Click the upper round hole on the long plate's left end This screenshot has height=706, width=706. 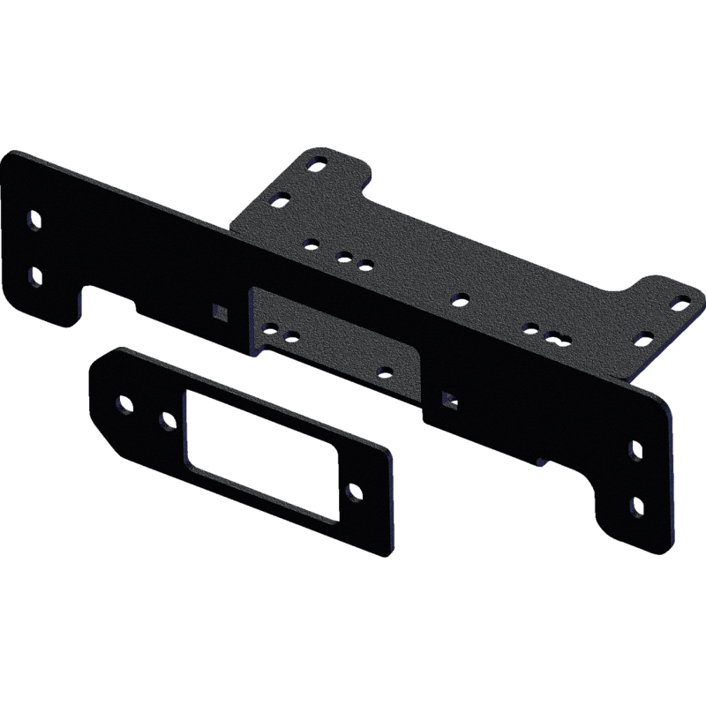(34, 218)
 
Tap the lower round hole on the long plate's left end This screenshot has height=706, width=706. (33, 275)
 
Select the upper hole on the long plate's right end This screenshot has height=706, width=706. (635, 450)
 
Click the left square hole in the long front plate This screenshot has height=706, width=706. (219, 310)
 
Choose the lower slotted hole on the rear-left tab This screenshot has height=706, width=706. (280, 199)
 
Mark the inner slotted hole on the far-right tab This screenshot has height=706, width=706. (644, 337)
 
